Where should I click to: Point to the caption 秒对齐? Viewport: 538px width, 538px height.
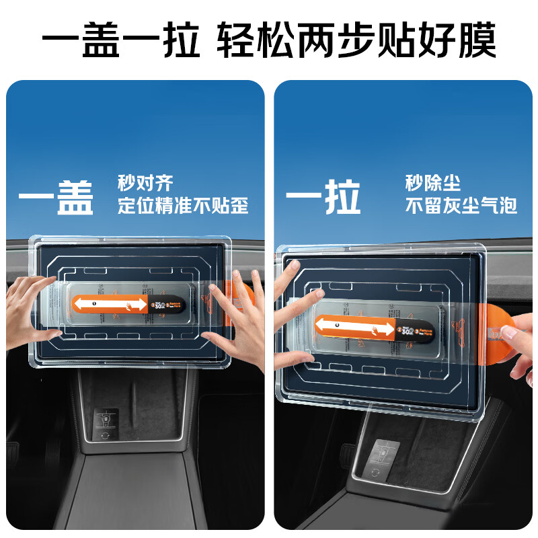pyautogui.click(x=145, y=182)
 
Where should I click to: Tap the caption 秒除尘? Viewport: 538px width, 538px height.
pyautogui.click(x=432, y=182)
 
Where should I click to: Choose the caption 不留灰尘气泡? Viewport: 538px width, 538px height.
pyautogui.click(x=461, y=205)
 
